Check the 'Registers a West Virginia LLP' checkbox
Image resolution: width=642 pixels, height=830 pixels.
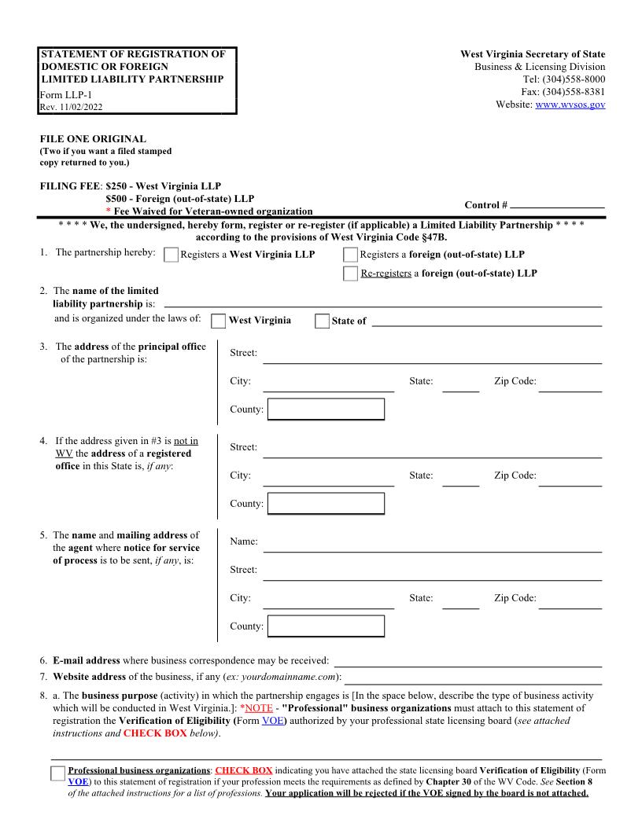[171, 255]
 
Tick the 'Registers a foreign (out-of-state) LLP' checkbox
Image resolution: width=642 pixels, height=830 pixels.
[350, 255]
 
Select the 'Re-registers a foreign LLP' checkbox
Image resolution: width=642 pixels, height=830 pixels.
[350, 274]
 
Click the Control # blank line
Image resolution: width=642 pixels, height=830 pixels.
[557, 205]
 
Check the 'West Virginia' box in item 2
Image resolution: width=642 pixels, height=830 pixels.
[219, 321]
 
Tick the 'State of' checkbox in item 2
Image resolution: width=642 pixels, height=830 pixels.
[322, 321]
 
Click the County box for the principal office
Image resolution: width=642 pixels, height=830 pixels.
[326, 409]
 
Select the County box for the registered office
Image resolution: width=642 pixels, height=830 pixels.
[326, 504]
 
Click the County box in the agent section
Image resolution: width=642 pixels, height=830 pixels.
[326, 626]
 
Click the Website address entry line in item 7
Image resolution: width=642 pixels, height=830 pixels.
[474, 678]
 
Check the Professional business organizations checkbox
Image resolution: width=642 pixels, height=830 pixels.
[57, 773]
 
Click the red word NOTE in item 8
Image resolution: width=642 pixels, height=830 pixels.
[258, 708]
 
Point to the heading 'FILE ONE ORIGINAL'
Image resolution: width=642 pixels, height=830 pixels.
[93, 139]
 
